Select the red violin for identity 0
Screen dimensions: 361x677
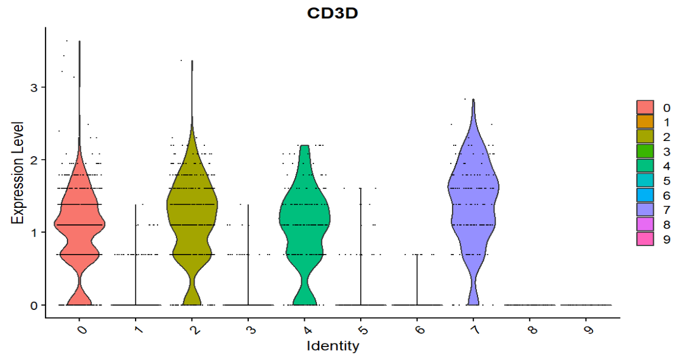pos(80,225)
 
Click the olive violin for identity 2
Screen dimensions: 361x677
pos(192,207)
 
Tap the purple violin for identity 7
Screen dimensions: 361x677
pos(473,194)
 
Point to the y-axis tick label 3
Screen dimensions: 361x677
pos(35,88)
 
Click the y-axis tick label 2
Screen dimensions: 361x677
pos(35,160)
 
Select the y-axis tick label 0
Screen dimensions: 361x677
pos(35,305)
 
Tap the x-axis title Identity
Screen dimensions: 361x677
pos(332,347)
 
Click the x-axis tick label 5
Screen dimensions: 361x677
pos(361,329)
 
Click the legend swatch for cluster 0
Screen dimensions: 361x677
pos(645,108)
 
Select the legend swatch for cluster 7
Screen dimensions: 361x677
pos(645,210)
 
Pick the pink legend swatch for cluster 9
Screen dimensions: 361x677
pos(645,239)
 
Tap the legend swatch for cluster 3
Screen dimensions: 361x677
pos(645,151)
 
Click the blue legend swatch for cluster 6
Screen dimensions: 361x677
pos(645,195)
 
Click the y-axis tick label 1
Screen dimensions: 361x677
pos(35,233)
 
